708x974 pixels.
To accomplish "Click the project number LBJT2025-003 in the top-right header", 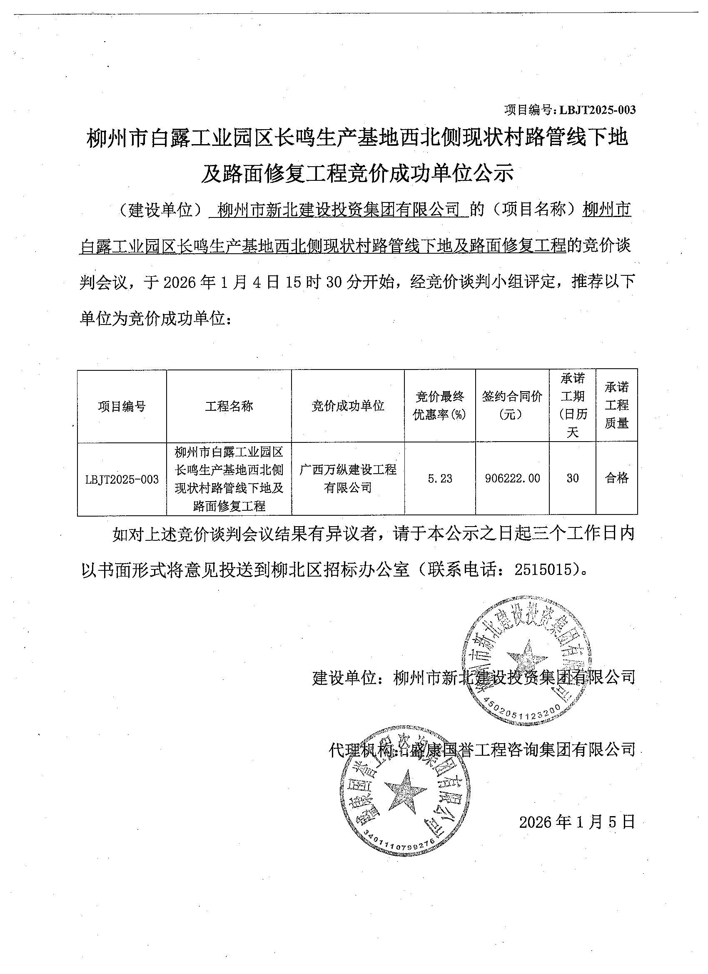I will pyautogui.click(x=597, y=110).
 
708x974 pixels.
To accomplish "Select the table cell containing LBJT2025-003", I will pyautogui.click(x=122, y=479).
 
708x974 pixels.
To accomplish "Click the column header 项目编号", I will pyautogui.click(x=122, y=406).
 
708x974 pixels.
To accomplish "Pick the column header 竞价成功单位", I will pyautogui.click(x=348, y=406).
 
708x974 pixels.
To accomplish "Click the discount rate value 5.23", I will pyautogui.click(x=440, y=479).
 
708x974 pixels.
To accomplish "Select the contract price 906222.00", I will pyautogui.click(x=512, y=479).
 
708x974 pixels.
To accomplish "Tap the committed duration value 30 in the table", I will pyautogui.click(x=572, y=478).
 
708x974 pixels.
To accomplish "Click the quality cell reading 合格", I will pyautogui.click(x=616, y=478).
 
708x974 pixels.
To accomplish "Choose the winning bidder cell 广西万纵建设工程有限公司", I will pyautogui.click(x=348, y=478).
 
